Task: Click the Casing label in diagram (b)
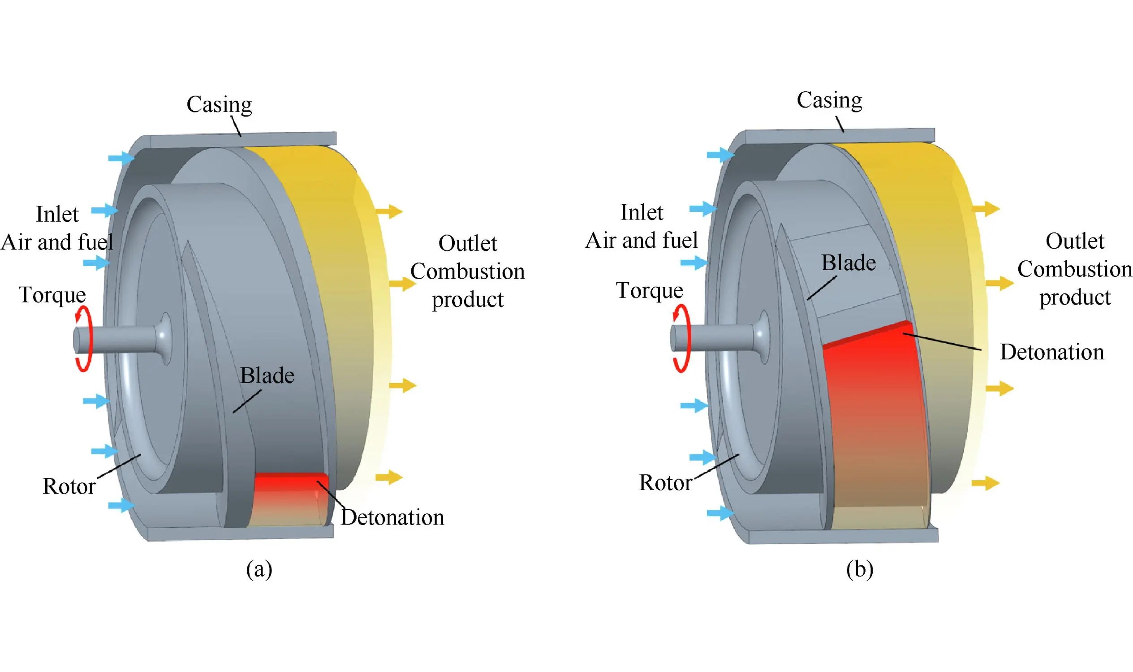pos(829,100)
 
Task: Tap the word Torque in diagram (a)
pos(52,295)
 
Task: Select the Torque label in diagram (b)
pos(649,291)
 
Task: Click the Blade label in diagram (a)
pos(267,376)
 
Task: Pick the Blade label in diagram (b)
pos(848,263)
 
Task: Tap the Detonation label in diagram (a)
pos(392,517)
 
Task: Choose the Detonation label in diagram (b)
pos(1051,352)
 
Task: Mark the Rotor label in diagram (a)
pos(69,487)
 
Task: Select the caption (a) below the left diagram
pos(259,569)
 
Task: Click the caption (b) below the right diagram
pos(859,569)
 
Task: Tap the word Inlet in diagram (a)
pos(57,215)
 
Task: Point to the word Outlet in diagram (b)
pos(1075,241)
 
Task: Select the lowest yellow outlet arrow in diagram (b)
pos(985,483)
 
